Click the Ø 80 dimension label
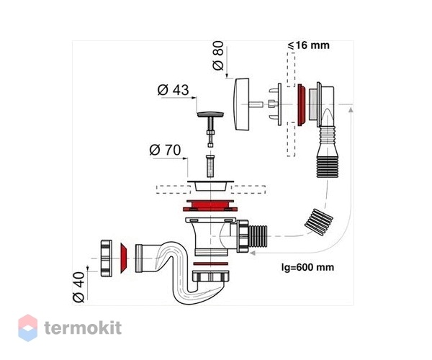point(218,55)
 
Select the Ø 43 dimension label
point(174,90)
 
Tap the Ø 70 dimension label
point(165,150)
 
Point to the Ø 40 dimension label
point(78,287)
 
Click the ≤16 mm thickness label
point(308,45)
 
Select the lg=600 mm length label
point(307,267)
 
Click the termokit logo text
point(83,328)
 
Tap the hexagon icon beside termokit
point(27,328)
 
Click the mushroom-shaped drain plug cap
point(210,114)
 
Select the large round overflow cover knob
point(242,104)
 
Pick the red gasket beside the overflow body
point(301,105)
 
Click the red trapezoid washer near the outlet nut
point(124,258)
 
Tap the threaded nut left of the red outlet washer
point(106,258)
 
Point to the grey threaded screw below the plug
point(210,166)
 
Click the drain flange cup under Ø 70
point(210,185)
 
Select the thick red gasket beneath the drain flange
point(210,205)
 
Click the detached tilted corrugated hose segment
point(319,222)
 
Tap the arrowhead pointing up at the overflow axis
point(351,110)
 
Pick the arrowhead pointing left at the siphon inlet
point(252,253)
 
